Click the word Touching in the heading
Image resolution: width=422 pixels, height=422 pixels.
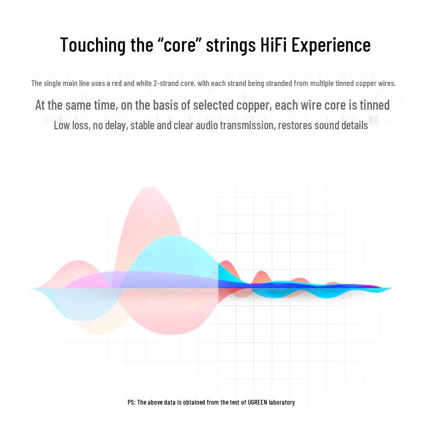[93, 45]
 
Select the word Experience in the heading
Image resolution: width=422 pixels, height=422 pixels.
[331, 45]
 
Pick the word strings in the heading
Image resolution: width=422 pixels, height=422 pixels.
[231, 45]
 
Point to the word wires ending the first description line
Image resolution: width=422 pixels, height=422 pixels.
[387, 83]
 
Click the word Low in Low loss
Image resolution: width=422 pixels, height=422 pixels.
[61, 126]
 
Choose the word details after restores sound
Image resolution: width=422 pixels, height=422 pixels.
[354, 126]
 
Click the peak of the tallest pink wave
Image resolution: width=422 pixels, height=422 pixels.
[149, 187]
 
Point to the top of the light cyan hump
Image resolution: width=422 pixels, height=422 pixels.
[172, 236]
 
